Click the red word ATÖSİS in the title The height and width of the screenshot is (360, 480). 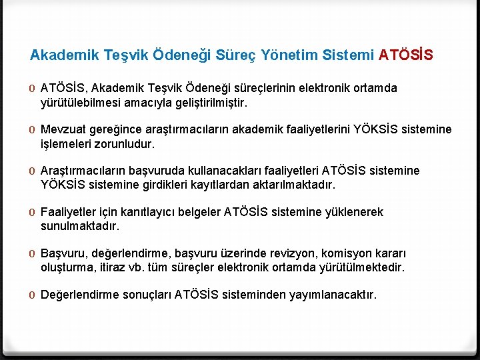pyautogui.click(x=405, y=55)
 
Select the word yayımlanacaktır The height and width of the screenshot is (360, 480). pyautogui.click(x=332, y=295)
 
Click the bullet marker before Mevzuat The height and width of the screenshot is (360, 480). pyautogui.click(x=33, y=130)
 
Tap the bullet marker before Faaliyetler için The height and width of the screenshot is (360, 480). pyautogui.click(x=33, y=213)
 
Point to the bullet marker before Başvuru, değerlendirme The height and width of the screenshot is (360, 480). pyautogui.click(x=33, y=254)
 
